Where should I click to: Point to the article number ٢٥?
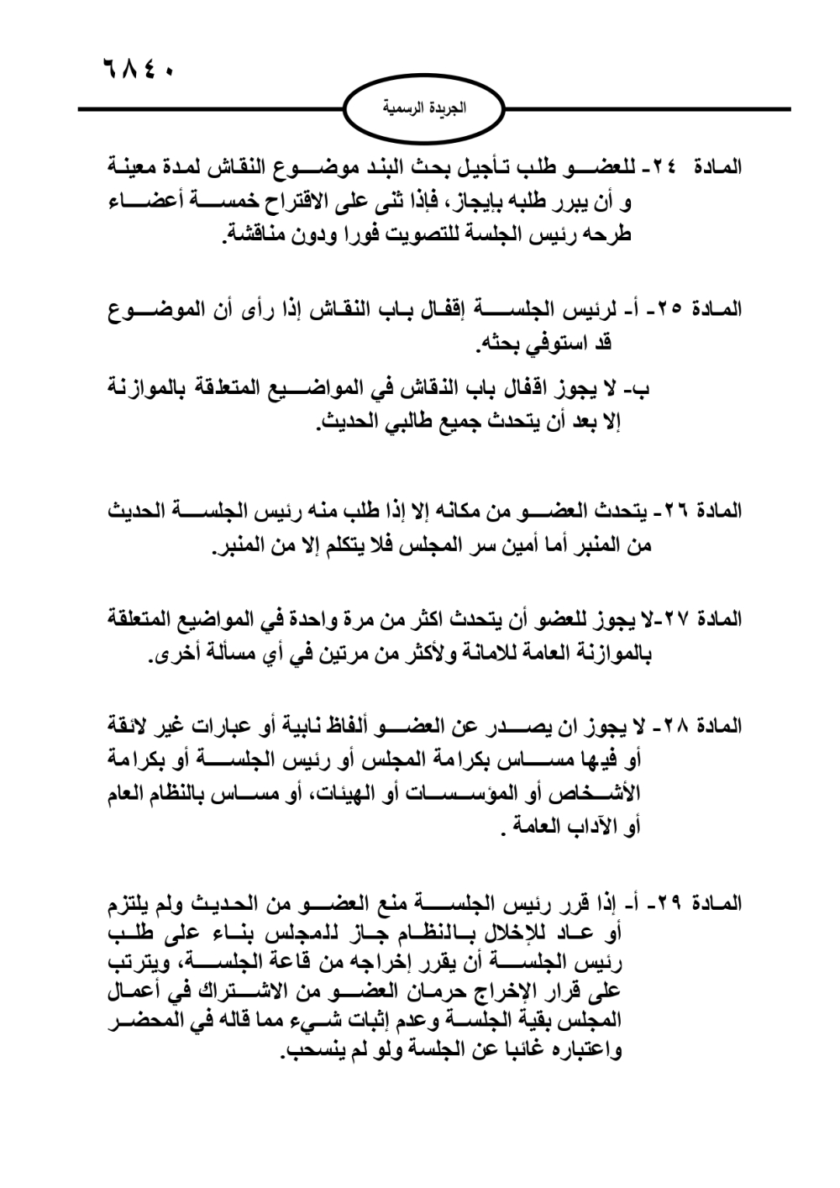[670, 309]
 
